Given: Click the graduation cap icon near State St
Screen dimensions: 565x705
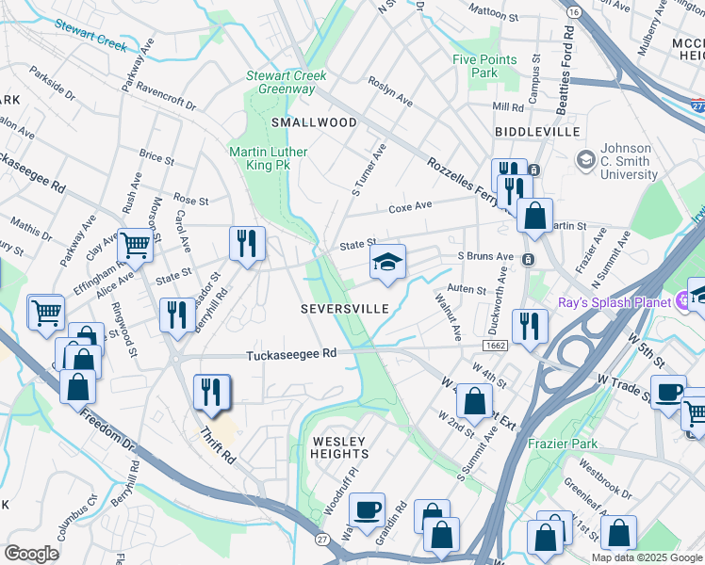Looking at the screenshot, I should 386,263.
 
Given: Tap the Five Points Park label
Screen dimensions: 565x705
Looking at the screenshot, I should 484,66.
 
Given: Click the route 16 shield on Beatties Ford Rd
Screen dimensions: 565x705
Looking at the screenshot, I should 574,10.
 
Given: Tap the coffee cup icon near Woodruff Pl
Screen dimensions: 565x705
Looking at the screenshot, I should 367,509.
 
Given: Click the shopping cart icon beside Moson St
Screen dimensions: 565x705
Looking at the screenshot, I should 136,245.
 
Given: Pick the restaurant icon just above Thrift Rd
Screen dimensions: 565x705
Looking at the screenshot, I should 211,392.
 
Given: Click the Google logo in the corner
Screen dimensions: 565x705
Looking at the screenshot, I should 32,554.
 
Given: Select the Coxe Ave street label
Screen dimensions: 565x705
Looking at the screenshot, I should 410,205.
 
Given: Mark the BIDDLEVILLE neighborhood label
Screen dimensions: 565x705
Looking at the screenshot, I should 536,132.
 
